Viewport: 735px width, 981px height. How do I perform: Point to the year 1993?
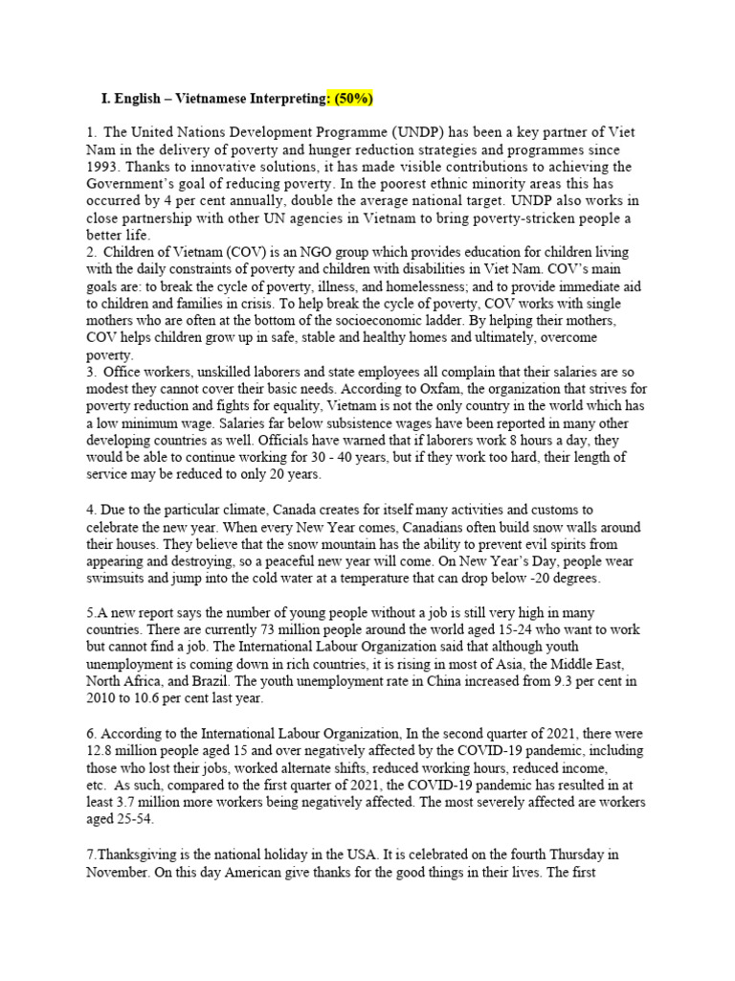pos(104,167)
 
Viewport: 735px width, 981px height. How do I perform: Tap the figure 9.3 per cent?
pos(583,682)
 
